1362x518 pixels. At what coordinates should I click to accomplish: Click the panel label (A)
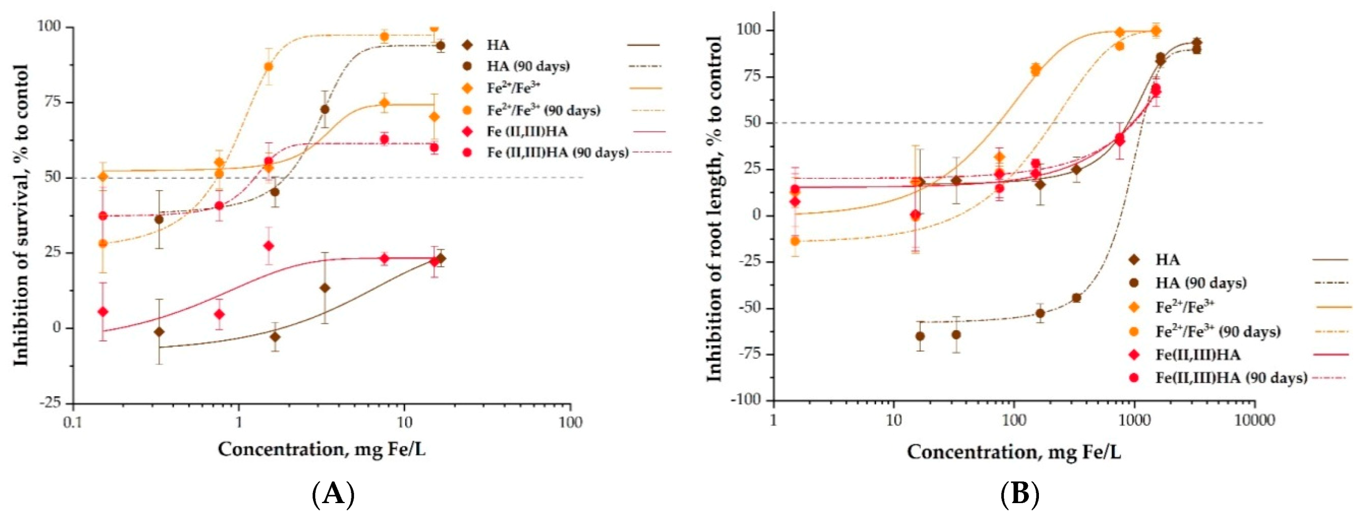333,495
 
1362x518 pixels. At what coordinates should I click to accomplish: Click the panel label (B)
1019,495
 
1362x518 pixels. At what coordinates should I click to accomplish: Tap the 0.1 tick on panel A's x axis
73,422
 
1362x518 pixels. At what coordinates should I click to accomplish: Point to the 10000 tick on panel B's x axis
1254,421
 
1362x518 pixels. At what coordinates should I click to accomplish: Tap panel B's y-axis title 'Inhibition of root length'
714,209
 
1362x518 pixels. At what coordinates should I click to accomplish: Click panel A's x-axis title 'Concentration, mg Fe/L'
321,450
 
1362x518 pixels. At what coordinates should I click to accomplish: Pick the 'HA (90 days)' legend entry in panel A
528,66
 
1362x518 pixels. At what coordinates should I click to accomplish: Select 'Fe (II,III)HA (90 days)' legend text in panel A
557,153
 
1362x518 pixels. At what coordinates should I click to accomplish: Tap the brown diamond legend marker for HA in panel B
1134,260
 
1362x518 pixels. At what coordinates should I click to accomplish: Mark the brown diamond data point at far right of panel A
441,258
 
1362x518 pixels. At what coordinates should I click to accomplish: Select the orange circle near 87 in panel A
269,67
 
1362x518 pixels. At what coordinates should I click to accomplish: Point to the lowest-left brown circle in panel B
920,336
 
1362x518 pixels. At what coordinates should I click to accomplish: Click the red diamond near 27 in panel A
269,246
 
